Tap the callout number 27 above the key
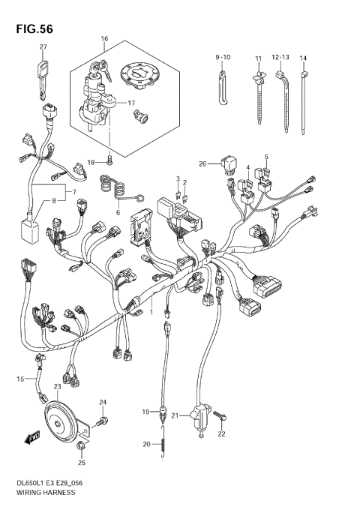coord(43,47)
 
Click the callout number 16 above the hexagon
coord(104,38)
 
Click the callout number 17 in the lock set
coord(130,103)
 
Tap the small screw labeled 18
coord(109,160)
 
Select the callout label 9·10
coord(224,58)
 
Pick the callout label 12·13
coord(280,58)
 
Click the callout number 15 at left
coord(21,379)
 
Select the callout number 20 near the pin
coord(146,444)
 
